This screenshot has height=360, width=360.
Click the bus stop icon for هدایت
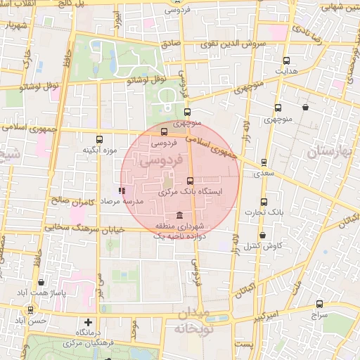(285, 60)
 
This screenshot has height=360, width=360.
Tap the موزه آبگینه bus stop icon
(99, 139)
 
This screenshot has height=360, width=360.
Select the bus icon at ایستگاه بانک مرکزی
(190, 181)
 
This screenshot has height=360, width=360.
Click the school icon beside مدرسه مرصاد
(122, 190)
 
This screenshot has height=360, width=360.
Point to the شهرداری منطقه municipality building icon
(181, 215)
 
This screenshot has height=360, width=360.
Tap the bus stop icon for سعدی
(264, 162)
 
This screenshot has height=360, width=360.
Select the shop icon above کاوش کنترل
(262, 235)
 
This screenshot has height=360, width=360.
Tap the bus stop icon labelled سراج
(320, 304)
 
